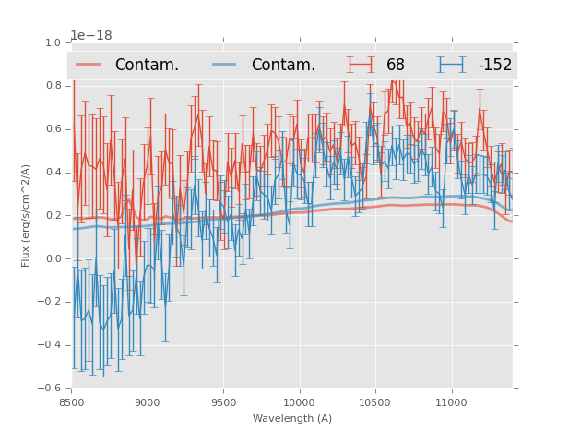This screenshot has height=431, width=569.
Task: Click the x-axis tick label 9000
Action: click(x=148, y=402)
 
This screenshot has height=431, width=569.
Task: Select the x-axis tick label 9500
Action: click(x=223, y=402)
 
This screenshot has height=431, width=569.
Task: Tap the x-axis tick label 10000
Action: click(x=299, y=402)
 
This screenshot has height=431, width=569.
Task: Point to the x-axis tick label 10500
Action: click(x=375, y=402)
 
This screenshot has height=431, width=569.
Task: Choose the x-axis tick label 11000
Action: click(x=451, y=402)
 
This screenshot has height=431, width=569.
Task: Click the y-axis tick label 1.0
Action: click(x=53, y=43)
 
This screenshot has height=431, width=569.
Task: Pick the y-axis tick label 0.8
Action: click(x=53, y=87)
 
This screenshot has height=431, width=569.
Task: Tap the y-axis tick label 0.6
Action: click(x=53, y=130)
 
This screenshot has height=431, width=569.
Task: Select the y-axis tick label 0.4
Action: click(x=53, y=173)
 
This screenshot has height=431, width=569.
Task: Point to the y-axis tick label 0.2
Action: click(x=53, y=216)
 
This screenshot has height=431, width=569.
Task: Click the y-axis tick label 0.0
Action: click(x=53, y=259)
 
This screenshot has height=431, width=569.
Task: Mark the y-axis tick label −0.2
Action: click(x=50, y=303)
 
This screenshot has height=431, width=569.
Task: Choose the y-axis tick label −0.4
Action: click(x=50, y=345)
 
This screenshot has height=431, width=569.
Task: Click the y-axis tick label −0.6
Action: click(x=50, y=389)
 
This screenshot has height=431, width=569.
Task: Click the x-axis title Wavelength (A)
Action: click(x=292, y=419)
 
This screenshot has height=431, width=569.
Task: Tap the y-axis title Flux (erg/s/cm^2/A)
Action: click(x=27, y=215)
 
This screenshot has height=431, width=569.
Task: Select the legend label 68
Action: click(x=396, y=65)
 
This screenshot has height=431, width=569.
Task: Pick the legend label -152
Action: click(x=494, y=65)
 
